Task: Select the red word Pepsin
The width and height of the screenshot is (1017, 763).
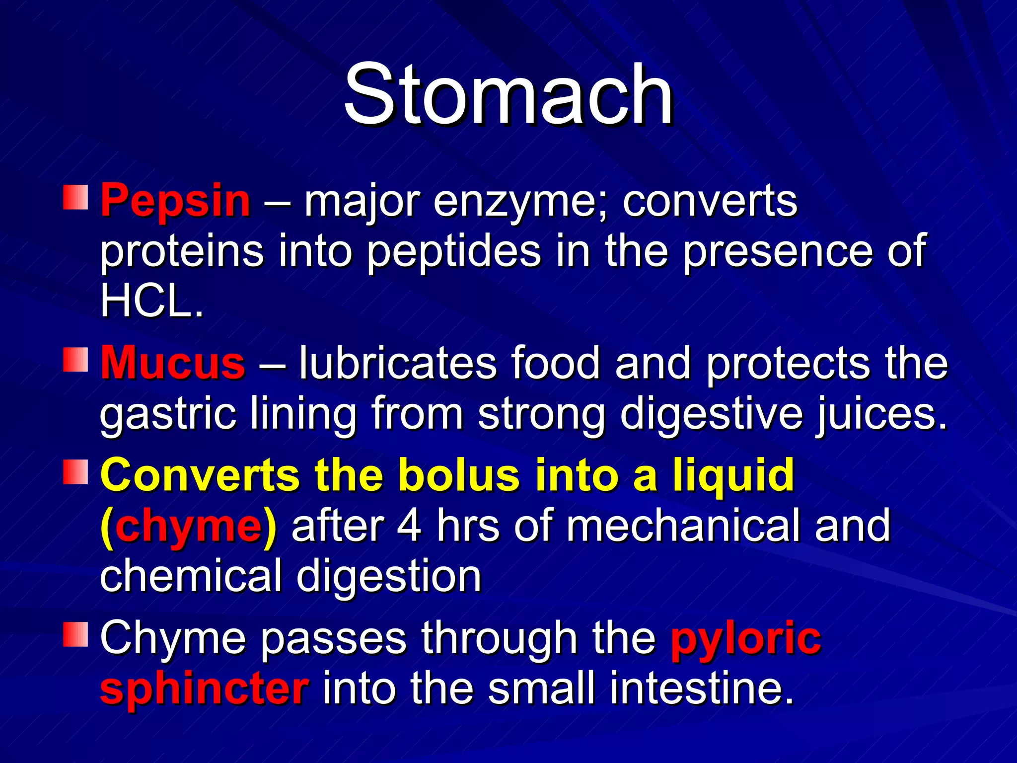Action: (x=175, y=200)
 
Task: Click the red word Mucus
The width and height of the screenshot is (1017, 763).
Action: (x=173, y=363)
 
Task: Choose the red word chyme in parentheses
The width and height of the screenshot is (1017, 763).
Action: (x=188, y=526)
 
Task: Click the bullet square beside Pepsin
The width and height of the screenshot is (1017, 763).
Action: (x=75, y=197)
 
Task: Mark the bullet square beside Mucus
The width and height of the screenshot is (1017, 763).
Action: (x=75, y=359)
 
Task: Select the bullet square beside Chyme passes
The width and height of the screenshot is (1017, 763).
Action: (x=75, y=634)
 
